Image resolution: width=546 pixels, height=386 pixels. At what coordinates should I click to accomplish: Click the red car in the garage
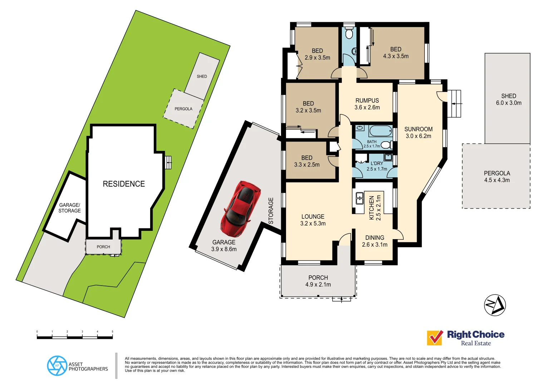click(x=240, y=209)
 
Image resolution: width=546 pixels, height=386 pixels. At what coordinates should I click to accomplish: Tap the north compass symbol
click(x=495, y=305)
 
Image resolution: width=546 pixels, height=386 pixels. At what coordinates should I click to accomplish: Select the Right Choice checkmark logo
click(x=435, y=338)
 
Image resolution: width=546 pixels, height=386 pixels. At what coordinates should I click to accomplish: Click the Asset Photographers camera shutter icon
click(x=57, y=366)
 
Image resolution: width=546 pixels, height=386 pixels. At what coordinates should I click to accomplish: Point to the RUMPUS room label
click(x=367, y=101)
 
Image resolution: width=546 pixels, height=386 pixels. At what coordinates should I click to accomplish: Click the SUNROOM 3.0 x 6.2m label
click(x=418, y=133)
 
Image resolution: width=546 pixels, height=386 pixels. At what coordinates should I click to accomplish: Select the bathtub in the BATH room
click(x=380, y=131)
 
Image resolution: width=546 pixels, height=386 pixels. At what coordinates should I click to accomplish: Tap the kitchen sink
click(x=359, y=198)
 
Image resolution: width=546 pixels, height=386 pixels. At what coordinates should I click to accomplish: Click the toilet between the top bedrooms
click(x=349, y=34)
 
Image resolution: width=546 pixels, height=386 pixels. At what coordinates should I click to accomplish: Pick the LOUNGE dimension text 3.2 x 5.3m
click(x=313, y=224)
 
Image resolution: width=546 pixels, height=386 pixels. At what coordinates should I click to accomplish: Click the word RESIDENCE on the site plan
click(x=124, y=184)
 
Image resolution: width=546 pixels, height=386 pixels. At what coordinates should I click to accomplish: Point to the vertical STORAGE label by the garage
click(x=271, y=211)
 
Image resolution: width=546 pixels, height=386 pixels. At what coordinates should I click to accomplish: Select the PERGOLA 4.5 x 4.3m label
click(x=497, y=177)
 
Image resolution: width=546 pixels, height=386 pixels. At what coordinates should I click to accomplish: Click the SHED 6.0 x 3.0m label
click(x=508, y=99)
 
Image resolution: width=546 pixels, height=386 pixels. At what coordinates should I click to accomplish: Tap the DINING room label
click(x=375, y=238)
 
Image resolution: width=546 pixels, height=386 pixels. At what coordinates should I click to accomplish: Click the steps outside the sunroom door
click(x=454, y=103)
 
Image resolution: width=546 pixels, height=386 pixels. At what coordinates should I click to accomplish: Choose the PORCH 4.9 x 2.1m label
click(x=318, y=281)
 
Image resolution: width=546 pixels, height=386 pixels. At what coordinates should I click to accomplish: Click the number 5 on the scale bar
click(x=112, y=332)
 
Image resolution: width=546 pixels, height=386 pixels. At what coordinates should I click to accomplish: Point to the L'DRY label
click(x=377, y=163)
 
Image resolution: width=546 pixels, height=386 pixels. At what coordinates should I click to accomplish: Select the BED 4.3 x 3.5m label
click(x=395, y=53)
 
